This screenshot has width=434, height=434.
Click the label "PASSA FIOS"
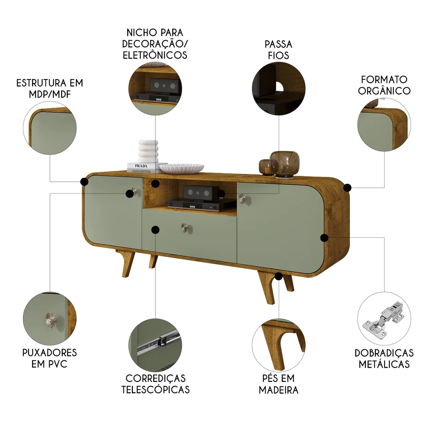278,50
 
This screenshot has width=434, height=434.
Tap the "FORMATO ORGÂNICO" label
385,85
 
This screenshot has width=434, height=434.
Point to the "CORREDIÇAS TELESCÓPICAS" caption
155,384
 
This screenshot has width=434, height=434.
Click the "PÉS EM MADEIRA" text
279,384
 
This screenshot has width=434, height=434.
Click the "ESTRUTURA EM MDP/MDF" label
49,88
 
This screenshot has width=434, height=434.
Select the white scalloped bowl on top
182,168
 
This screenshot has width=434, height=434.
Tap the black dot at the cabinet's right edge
347,187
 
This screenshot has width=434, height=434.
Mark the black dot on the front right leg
279,276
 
